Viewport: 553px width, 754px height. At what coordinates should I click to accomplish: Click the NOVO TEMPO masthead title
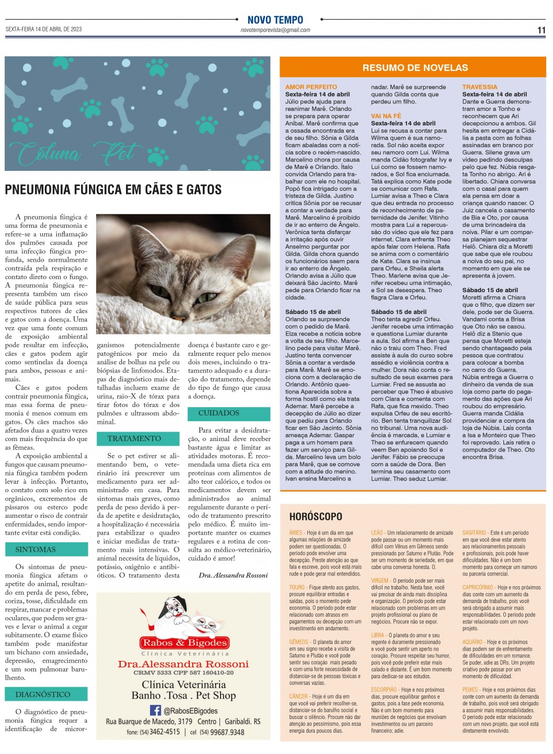tap(275, 20)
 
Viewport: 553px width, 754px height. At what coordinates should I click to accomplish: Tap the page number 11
tap(542, 30)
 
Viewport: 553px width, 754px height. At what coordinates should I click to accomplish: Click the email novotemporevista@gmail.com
tap(275, 30)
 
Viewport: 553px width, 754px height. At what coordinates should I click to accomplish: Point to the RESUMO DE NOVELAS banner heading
tap(415, 67)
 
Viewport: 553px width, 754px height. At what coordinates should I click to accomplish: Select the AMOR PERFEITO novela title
tap(311, 87)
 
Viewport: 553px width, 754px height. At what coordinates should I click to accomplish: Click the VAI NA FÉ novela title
tap(386, 116)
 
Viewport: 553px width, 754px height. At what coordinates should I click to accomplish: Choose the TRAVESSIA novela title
tap(479, 87)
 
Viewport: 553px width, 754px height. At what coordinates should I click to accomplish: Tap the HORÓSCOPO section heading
tap(316, 516)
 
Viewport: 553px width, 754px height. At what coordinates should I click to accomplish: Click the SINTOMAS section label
tap(36, 550)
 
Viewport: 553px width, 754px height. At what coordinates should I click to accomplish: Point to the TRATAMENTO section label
tap(134, 438)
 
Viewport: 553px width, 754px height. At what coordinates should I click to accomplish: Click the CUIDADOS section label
tap(218, 413)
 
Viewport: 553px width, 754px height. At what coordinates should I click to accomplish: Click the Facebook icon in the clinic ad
tap(155, 710)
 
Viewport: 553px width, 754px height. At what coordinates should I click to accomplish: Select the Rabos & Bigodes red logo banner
tap(185, 643)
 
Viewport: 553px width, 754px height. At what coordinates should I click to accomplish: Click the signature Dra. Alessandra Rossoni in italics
tap(233, 575)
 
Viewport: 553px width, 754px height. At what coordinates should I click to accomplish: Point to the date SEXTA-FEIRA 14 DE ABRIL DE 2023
tap(44, 29)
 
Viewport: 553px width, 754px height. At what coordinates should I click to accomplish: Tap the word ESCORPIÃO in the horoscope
tap(384, 690)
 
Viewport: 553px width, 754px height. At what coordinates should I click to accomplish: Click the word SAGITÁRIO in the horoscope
tap(474, 533)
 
